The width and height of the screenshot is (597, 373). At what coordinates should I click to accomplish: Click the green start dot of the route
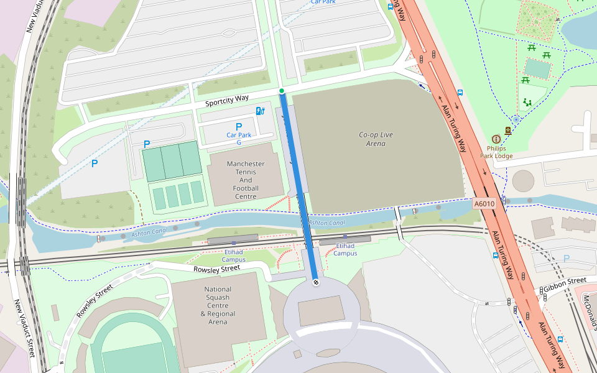[282, 91]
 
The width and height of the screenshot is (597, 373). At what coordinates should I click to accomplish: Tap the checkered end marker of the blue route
[315, 282]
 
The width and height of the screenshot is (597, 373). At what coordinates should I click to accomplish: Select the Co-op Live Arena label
[376, 139]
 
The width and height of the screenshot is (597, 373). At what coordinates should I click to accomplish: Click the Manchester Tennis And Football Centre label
[245, 180]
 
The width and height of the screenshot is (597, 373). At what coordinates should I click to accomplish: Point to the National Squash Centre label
[218, 305]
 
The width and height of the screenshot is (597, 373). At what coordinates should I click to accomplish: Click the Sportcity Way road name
[227, 99]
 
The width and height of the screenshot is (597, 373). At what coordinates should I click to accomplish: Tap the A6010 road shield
[483, 203]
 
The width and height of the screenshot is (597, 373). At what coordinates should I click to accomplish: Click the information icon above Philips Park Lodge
[496, 139]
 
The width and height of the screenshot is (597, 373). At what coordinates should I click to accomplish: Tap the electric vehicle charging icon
[260, 111]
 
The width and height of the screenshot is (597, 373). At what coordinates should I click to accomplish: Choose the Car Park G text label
[238, 138]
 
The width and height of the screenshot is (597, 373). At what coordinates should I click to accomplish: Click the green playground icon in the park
[527, 103]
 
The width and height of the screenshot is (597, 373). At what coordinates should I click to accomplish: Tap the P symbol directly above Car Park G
[238, 127]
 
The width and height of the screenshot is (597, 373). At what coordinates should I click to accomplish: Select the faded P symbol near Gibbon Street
[566, 258]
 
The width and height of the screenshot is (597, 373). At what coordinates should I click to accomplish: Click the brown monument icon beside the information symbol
[509, 131]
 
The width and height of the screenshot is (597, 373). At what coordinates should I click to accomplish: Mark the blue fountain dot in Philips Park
[516, 119]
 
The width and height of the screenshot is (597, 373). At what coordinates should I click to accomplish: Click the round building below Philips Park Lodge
[523, 182]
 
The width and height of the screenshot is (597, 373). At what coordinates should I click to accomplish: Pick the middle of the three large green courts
[170, 160]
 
